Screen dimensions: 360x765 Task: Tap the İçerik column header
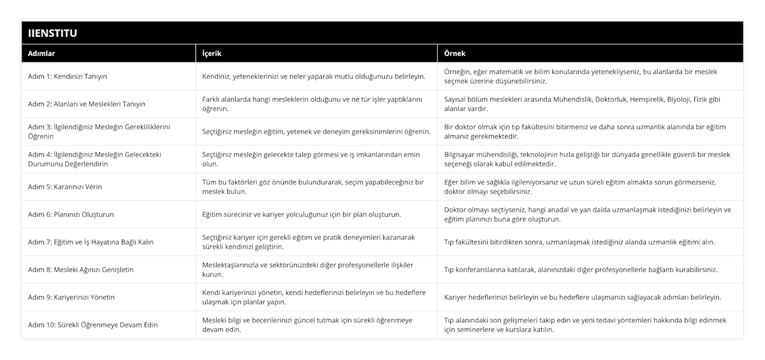[212, 54]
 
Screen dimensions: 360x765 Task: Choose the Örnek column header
[455, 54]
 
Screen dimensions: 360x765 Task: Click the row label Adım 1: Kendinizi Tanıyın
[68, 76]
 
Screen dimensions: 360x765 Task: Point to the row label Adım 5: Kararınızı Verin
[65, 187]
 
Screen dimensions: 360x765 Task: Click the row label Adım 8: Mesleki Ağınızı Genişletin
[81, 270]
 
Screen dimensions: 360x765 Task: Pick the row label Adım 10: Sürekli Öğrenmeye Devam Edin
[93, 325]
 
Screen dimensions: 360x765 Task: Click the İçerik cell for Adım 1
[313, 76]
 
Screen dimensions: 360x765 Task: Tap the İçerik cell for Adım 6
[302, 215]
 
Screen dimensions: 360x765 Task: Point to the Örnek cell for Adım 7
[579, 242]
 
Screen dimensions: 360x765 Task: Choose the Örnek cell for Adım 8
[581, 270]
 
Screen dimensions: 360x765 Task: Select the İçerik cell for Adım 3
[316, 131]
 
